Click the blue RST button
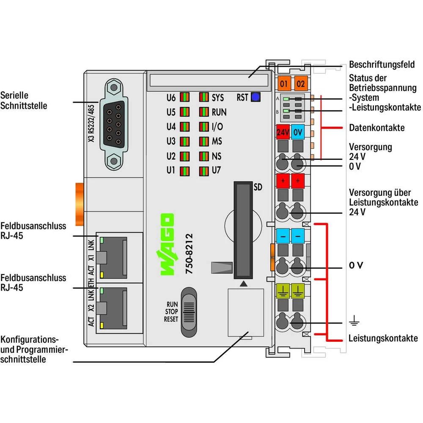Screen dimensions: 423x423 (255, 97)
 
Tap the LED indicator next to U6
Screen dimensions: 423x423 (184, 97)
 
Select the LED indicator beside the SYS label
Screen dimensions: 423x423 (204, 97)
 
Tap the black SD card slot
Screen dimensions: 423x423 (242, 230)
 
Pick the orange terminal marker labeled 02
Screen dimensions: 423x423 (300, 83)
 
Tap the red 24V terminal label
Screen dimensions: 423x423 (282, 132)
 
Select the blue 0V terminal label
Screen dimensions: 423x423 (298, 132)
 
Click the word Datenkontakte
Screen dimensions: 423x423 (376, 127)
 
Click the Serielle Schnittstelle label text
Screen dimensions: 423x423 (23, 100)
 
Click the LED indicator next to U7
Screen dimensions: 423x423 (204, 171)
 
